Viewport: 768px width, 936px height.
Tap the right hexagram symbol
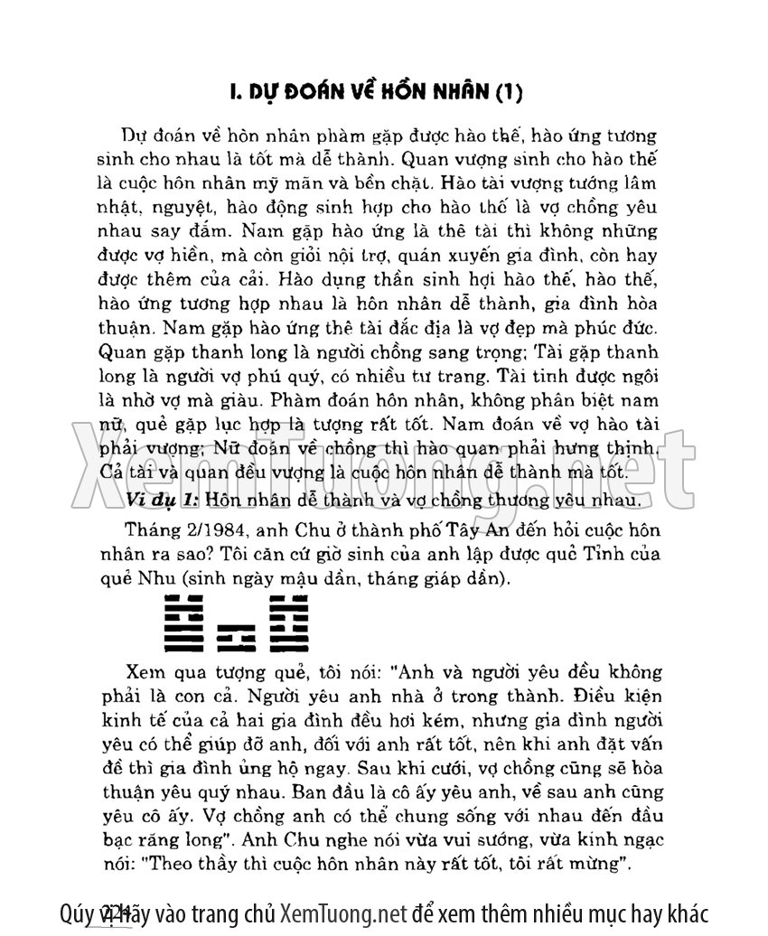[287, 623]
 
